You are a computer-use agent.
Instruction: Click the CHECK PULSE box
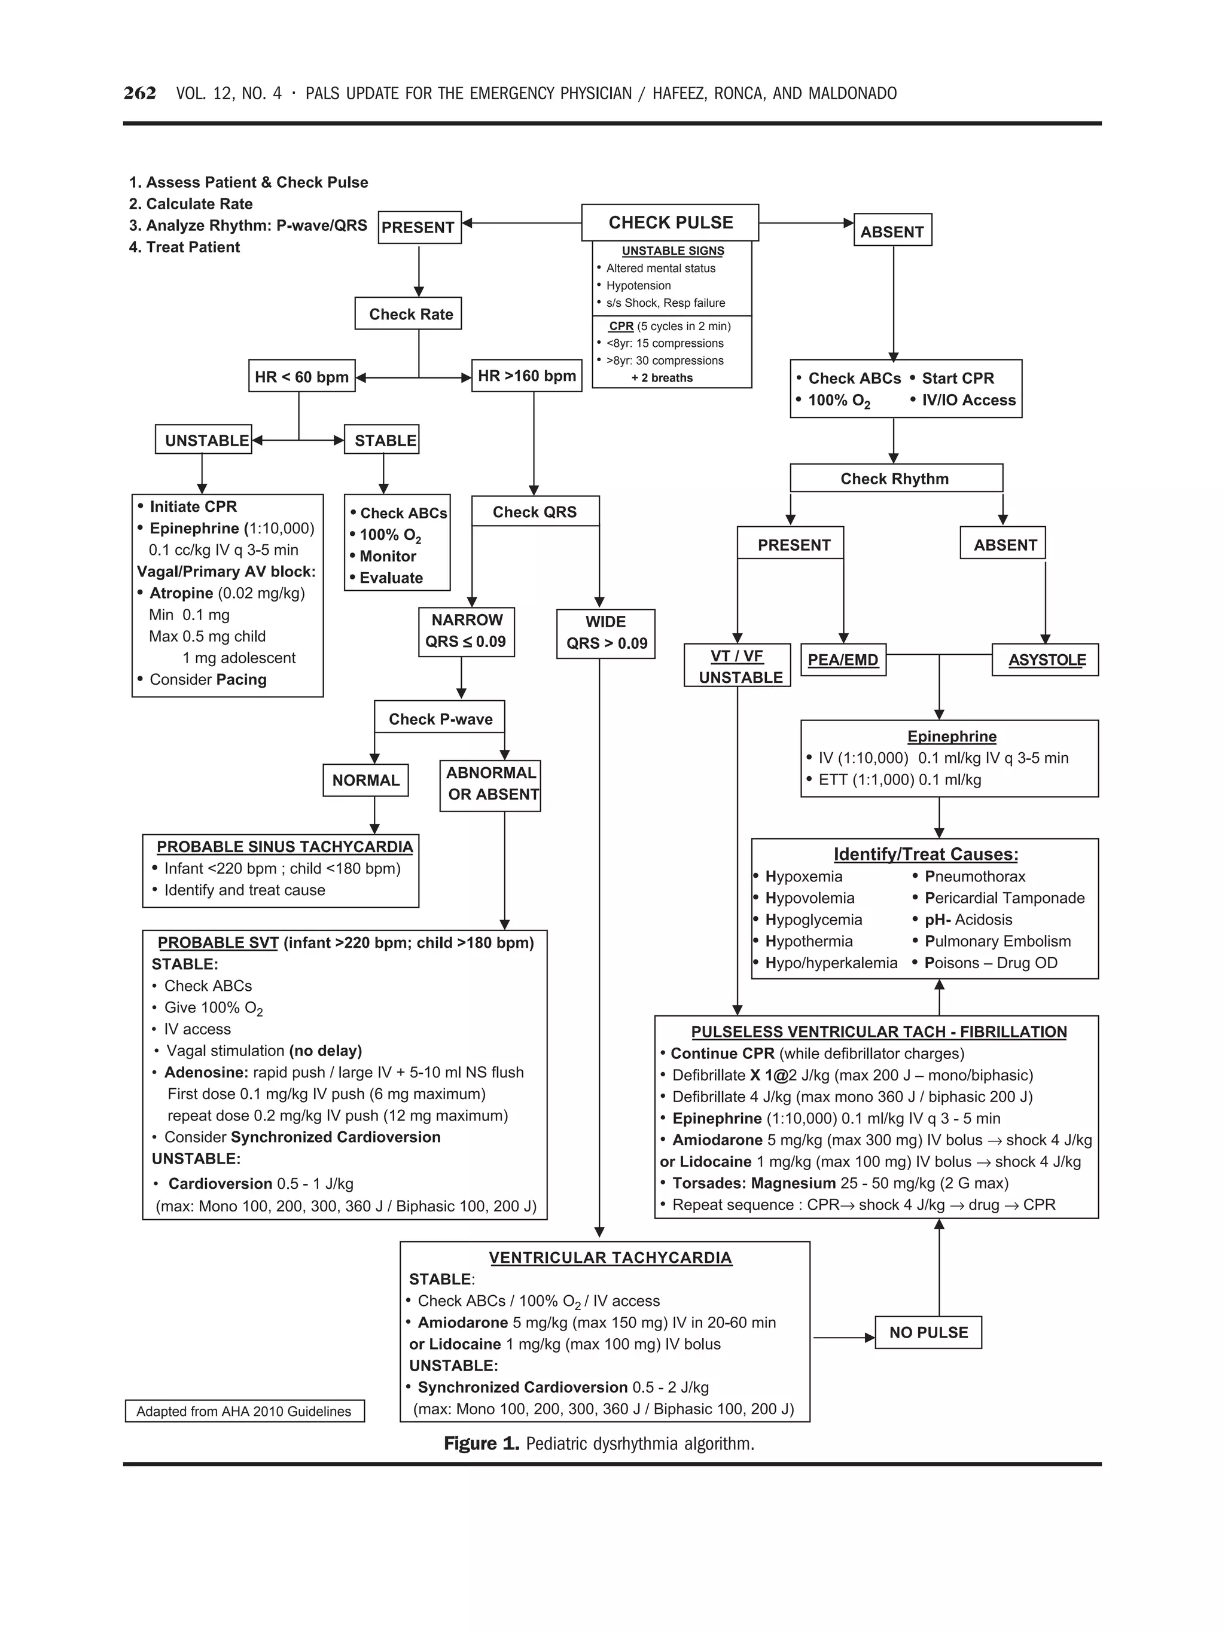click(670, 222)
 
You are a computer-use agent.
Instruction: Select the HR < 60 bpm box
click(301, 377)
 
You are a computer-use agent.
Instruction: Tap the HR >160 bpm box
click(526, 376)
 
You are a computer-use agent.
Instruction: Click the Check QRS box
click(535, 512)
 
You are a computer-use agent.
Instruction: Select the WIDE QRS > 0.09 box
click(605, 633)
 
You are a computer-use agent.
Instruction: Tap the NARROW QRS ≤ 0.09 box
click(466, 631)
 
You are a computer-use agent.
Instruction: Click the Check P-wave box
click(440, 718)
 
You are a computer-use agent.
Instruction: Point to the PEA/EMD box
click(843, 660)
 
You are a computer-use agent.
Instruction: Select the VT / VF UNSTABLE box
click(738, 666)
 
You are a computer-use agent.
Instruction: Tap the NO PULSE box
click(928, 1332)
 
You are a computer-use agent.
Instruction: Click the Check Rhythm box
click(895, 478)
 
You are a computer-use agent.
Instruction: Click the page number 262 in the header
click(139, 93)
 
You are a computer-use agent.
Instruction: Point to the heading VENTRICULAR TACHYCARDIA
click(610, 1257)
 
